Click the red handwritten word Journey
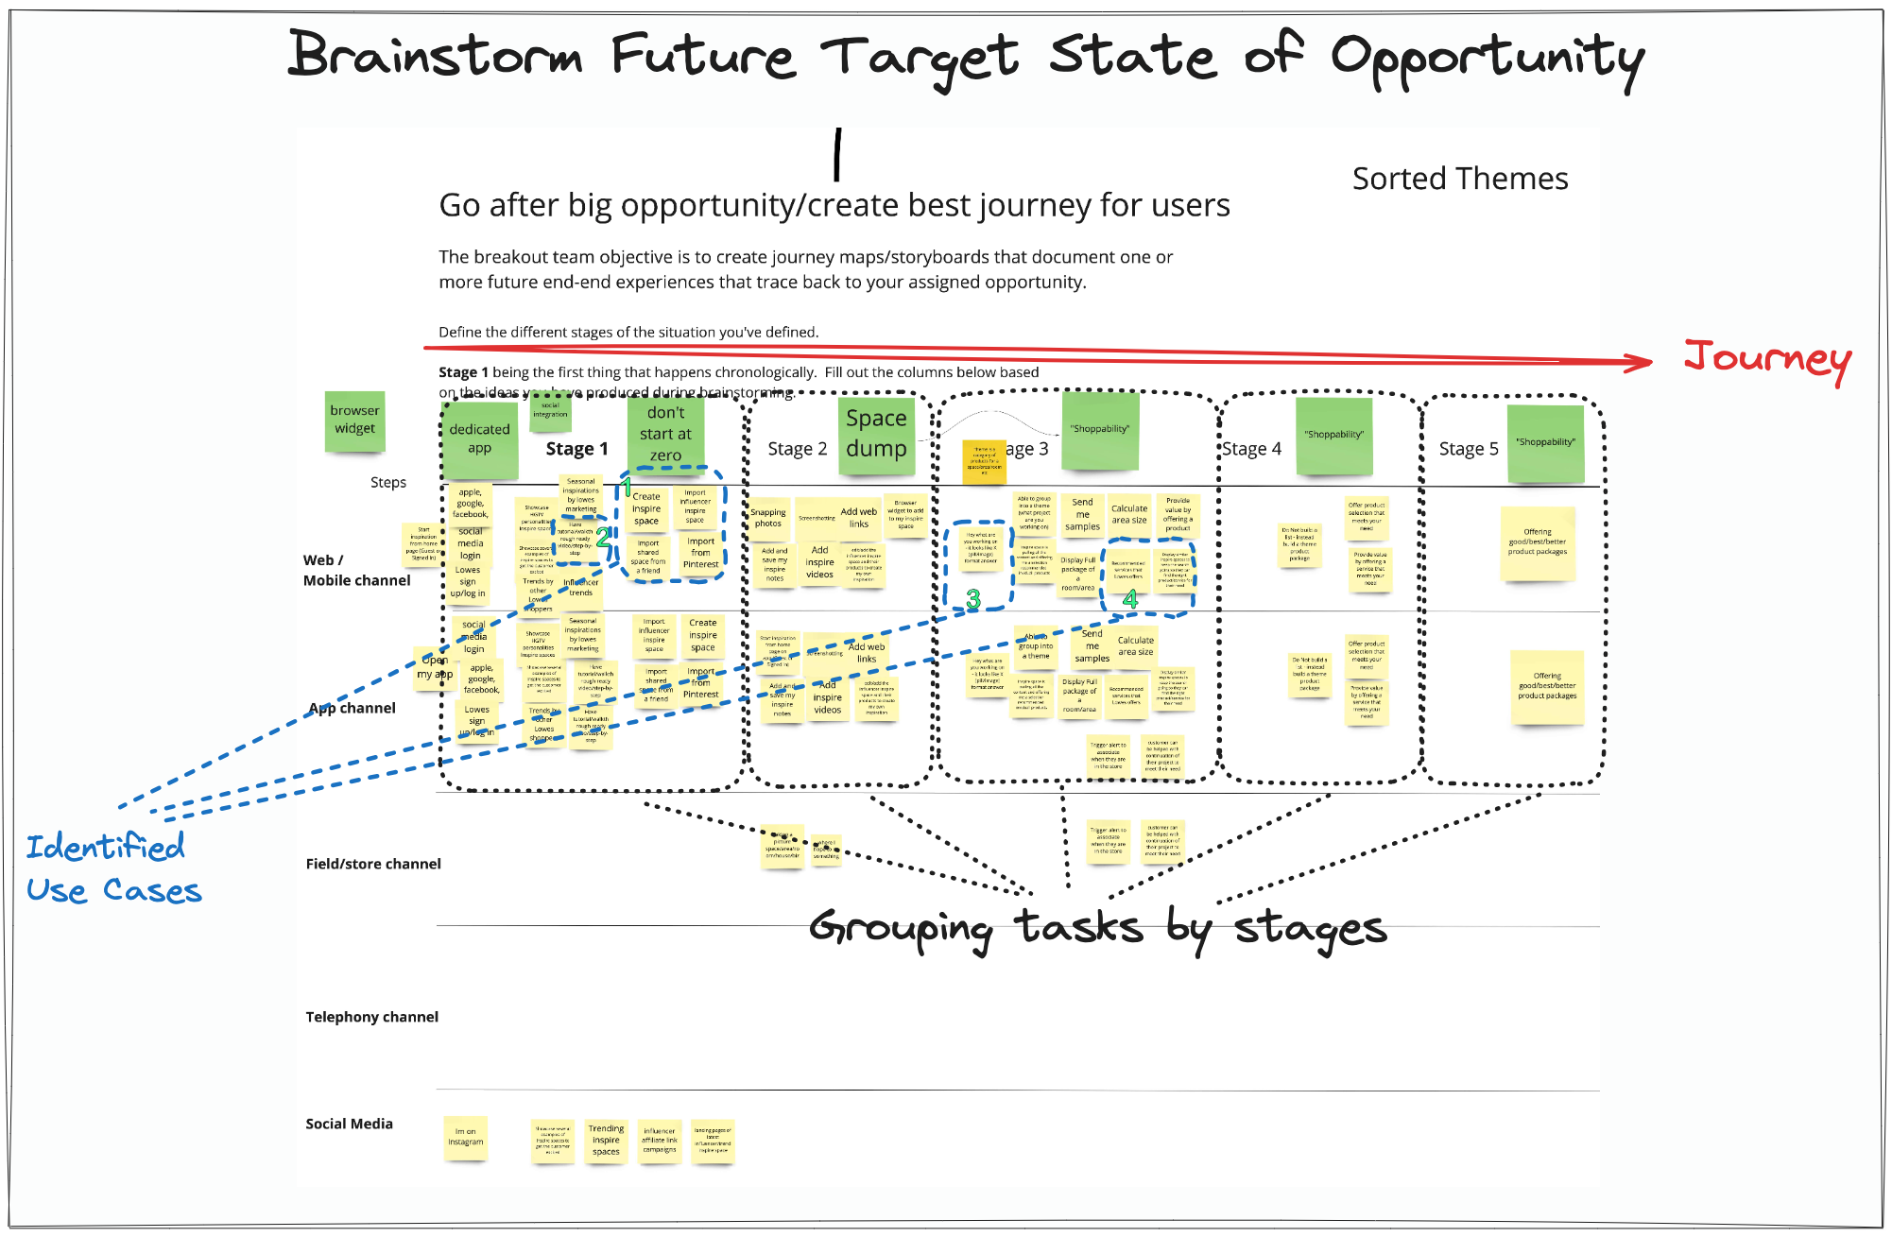(x=1766, y=359)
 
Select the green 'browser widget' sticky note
(x=354, y=421)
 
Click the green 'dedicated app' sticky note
(x=479, y=438)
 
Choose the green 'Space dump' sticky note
(x=876, y=432)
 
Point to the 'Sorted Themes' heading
(x=1459, y=179)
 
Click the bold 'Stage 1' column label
(x=576, y=449)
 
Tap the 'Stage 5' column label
(x=1468, y=449)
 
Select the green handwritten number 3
(x=973, y=599)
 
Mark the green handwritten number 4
(x=1130, y=599)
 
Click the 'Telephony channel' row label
(x=371, y=1017)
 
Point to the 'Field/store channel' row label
(x=373, y=864)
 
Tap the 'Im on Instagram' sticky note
(x=465, y=1137)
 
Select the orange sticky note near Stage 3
(x=983, y=460)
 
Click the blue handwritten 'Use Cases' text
(x=113, y=890)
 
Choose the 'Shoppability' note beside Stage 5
(x=1545, y=442)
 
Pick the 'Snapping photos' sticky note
(x=767, y=519)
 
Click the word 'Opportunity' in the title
(x=1488, y=59)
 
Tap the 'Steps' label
(x=388, y=482)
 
